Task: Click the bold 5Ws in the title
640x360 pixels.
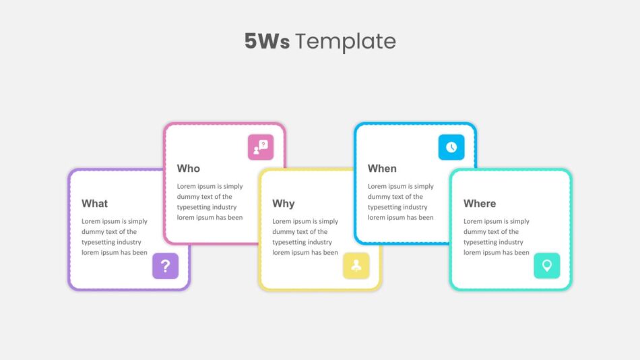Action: tap(267, 41)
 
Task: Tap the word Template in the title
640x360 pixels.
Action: tap(346, 42)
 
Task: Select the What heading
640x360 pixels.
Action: tap(94, 204)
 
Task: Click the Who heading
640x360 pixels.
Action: tap(188, 169)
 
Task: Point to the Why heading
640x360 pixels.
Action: tap(283, 204)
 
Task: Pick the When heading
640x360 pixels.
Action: tap(382, 169)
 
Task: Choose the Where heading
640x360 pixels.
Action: tap(480, 204)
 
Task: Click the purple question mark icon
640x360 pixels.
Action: tap(165, 266)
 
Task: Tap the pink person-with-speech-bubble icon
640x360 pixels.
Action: tap(261, 147)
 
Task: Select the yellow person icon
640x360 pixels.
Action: tap(356, 266)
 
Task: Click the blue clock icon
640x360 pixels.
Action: tap(451, 147)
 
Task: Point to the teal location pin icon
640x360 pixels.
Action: tap(547, 266)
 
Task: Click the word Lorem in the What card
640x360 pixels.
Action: tap(91, 221)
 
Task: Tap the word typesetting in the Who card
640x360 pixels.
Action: tap(194, 207)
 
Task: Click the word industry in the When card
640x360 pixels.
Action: tap(415, 207)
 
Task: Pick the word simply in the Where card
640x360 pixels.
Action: tap(519, 222)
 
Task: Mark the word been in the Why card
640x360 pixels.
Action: tap(331, 253)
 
